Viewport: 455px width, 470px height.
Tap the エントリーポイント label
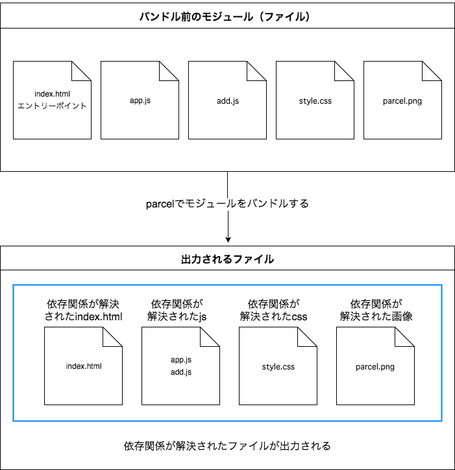(x=52, y=106)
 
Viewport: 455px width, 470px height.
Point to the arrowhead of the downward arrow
(x=228, y=239)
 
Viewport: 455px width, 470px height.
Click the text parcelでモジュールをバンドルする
(x=227, y=204)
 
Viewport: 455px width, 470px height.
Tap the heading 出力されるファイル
(x=227, y=259)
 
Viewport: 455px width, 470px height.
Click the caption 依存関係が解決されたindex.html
(x=83, y=310)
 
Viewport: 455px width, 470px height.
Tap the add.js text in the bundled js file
(x=180, y=372)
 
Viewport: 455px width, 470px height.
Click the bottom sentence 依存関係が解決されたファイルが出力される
(x=227, y=446)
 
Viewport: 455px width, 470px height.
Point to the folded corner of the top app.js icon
(x=171, y=69)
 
